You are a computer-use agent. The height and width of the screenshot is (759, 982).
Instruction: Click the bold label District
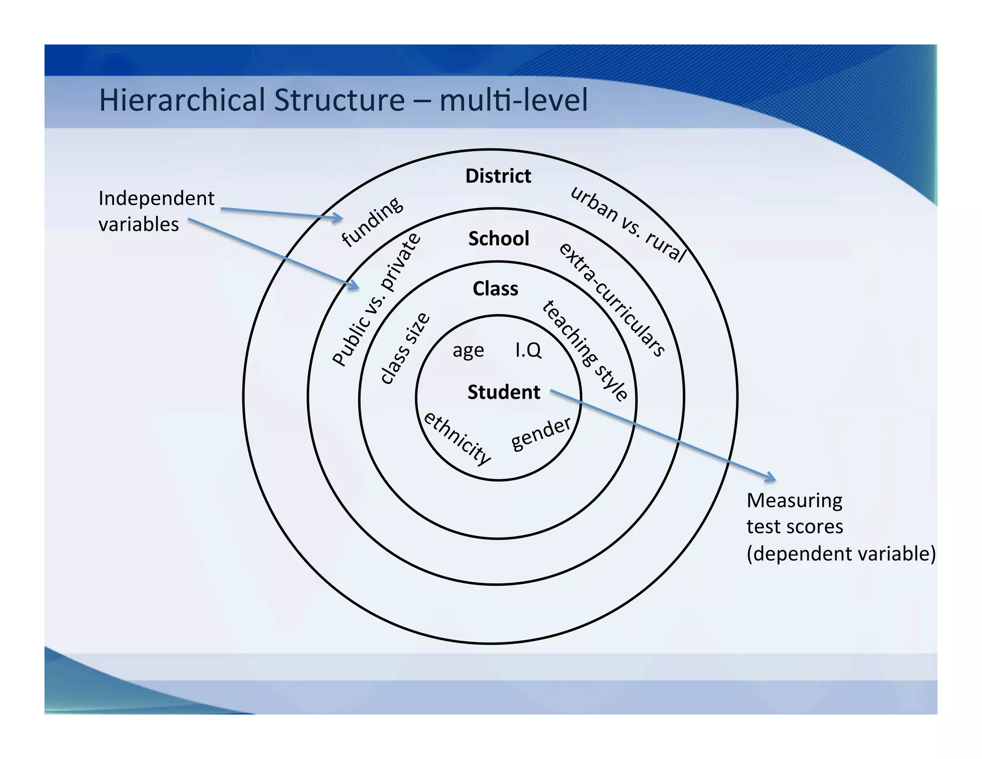498,176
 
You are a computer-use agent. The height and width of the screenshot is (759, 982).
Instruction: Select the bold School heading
499,238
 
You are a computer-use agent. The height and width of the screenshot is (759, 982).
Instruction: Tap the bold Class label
495,289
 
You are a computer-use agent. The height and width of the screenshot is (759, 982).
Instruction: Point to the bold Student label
503,392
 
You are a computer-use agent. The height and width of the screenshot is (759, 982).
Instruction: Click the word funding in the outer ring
372,222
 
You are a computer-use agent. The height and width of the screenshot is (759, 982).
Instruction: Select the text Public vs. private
377,299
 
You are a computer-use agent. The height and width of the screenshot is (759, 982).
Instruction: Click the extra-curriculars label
612,299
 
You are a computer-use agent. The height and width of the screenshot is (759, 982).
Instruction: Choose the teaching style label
585,350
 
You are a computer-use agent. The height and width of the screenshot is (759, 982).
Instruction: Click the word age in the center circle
468,351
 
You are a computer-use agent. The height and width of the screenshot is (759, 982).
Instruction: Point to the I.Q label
528,350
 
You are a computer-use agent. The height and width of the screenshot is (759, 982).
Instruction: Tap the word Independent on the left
156,199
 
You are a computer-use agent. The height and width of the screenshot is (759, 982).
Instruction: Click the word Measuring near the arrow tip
794,500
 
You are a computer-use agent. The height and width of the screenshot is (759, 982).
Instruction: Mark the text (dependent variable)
841,554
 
